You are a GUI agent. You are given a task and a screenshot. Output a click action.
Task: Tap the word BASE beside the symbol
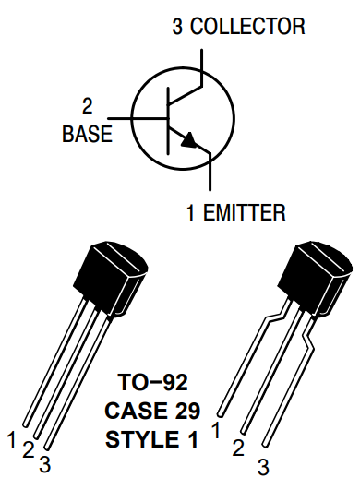87,134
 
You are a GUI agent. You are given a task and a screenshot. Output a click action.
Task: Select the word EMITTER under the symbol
245,214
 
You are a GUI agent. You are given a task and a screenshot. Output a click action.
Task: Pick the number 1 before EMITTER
190,214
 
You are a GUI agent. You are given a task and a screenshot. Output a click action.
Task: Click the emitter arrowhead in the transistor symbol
189,140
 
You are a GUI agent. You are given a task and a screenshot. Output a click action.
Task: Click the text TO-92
153,380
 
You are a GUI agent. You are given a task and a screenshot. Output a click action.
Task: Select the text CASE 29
153,410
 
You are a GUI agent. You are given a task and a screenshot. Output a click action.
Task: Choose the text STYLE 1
153,439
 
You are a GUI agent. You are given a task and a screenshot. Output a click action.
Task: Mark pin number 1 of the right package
216,429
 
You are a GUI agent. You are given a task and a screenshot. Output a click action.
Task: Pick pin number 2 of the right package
239,448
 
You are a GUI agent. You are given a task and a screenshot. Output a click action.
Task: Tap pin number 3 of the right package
262,466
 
